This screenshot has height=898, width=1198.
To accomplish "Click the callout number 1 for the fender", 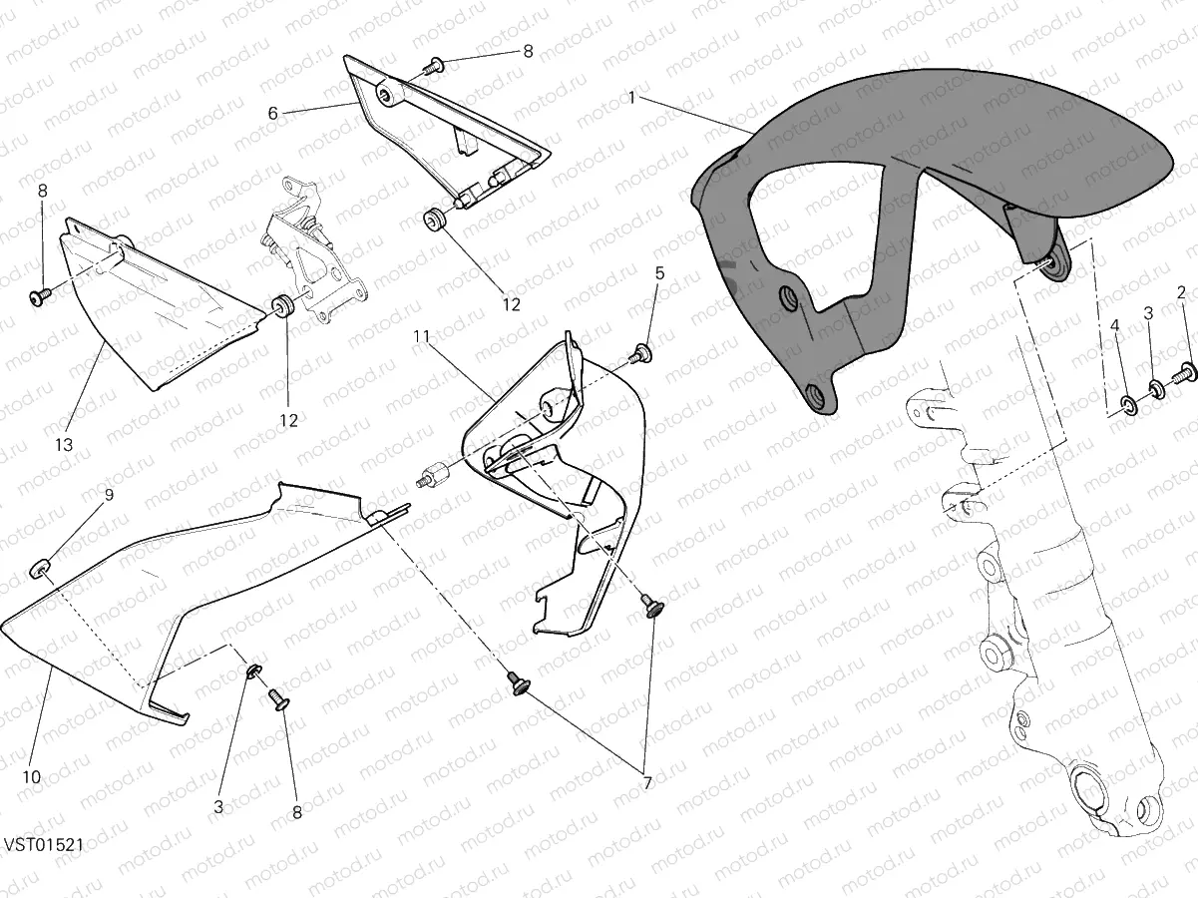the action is coord(632,98).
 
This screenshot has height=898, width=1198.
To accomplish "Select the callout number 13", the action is coord(64,445).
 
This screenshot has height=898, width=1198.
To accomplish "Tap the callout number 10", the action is coord(32,777).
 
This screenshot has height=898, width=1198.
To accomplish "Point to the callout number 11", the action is coord(421,336).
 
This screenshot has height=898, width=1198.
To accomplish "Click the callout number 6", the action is coord(273,113).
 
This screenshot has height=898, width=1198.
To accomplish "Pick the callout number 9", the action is coord(109,495).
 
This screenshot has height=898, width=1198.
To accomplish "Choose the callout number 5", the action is coord(660,273).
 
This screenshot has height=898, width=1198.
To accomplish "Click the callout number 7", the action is coord(647,784).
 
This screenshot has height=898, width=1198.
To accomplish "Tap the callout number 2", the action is coord(1181,293).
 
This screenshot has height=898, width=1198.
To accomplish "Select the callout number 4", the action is coord(1114,326).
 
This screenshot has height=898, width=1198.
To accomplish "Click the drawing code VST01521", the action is coord(44,845).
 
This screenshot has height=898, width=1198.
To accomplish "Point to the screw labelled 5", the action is coord(640,354).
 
